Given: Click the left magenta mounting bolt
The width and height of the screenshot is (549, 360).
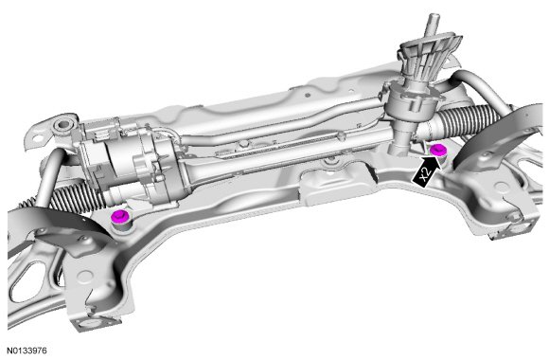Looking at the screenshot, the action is coord(120,216).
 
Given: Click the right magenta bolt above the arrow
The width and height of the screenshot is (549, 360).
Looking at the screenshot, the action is coord(437,150).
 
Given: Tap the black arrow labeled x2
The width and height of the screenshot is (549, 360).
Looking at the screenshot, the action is coord(425,171).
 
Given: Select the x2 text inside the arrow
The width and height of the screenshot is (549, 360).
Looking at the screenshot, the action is coord(424,174).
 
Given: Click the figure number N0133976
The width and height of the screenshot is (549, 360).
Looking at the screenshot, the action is coord(27,351).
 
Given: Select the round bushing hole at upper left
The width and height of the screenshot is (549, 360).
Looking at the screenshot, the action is coord(63,124).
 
